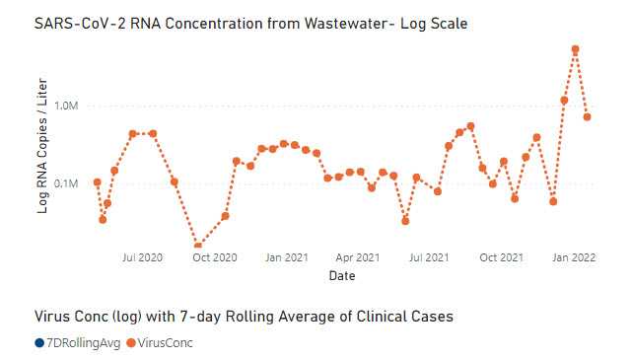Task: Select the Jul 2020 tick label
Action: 142,257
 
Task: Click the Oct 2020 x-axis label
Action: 215,257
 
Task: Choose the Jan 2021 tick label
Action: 287,257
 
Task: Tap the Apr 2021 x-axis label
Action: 358,257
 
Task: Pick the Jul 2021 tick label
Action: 430,257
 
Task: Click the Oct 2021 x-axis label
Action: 502,257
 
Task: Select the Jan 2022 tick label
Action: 574,257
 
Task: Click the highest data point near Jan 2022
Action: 576,49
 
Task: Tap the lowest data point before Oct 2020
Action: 198,246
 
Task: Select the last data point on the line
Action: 588,116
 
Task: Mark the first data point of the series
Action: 97,181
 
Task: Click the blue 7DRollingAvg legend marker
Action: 38,343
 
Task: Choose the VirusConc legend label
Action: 167,343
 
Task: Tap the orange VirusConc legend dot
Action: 131,343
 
